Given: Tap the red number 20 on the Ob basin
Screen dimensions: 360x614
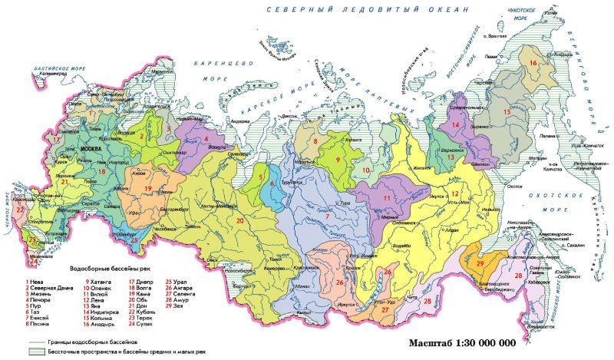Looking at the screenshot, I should coord(240,221).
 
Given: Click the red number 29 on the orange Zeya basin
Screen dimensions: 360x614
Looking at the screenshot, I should coord(480,264).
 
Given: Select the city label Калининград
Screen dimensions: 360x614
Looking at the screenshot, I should coord(51,74).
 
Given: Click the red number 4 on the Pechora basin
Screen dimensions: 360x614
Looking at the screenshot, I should coord(206,138).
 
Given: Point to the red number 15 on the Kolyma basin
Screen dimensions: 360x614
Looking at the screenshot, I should coord(506,112).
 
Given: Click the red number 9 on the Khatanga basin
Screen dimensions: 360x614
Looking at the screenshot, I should coord(336,160).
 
